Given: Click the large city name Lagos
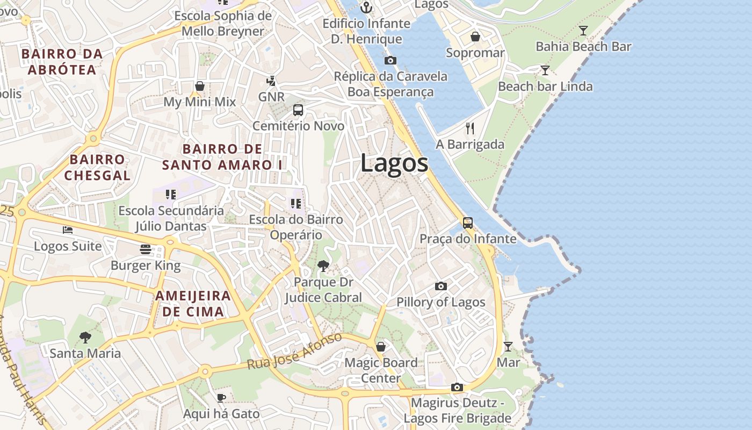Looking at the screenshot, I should coord(394,163).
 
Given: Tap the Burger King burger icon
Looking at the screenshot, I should coord(145,249).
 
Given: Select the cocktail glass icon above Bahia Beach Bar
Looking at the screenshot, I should coord(583,30).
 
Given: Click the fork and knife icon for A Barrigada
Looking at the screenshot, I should coord(470,128).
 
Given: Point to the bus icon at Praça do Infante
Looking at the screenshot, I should coord(468,223).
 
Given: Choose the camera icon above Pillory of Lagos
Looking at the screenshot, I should coord(441,286).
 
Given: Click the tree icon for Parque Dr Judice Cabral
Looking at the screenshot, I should coord(323,266).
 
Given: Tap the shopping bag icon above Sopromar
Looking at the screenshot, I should coord(475,37).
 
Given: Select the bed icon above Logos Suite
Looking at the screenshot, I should coord(68,230).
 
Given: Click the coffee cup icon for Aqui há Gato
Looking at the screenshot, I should coord(221,398).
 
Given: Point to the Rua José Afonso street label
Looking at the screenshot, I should coord(294,352).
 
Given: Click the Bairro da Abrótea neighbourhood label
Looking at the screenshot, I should coord(62,62).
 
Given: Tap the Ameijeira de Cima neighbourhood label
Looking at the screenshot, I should coord(193,304).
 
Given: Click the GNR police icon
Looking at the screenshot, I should coord(271,81).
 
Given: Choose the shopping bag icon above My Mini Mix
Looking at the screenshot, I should coord(200,86).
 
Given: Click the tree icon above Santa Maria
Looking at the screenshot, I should coord(85,338).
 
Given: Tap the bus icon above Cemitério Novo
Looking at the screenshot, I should coord(298,110).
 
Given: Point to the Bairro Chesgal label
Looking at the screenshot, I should coord(97,167).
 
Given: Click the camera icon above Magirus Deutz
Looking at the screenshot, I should coord(457,387).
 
